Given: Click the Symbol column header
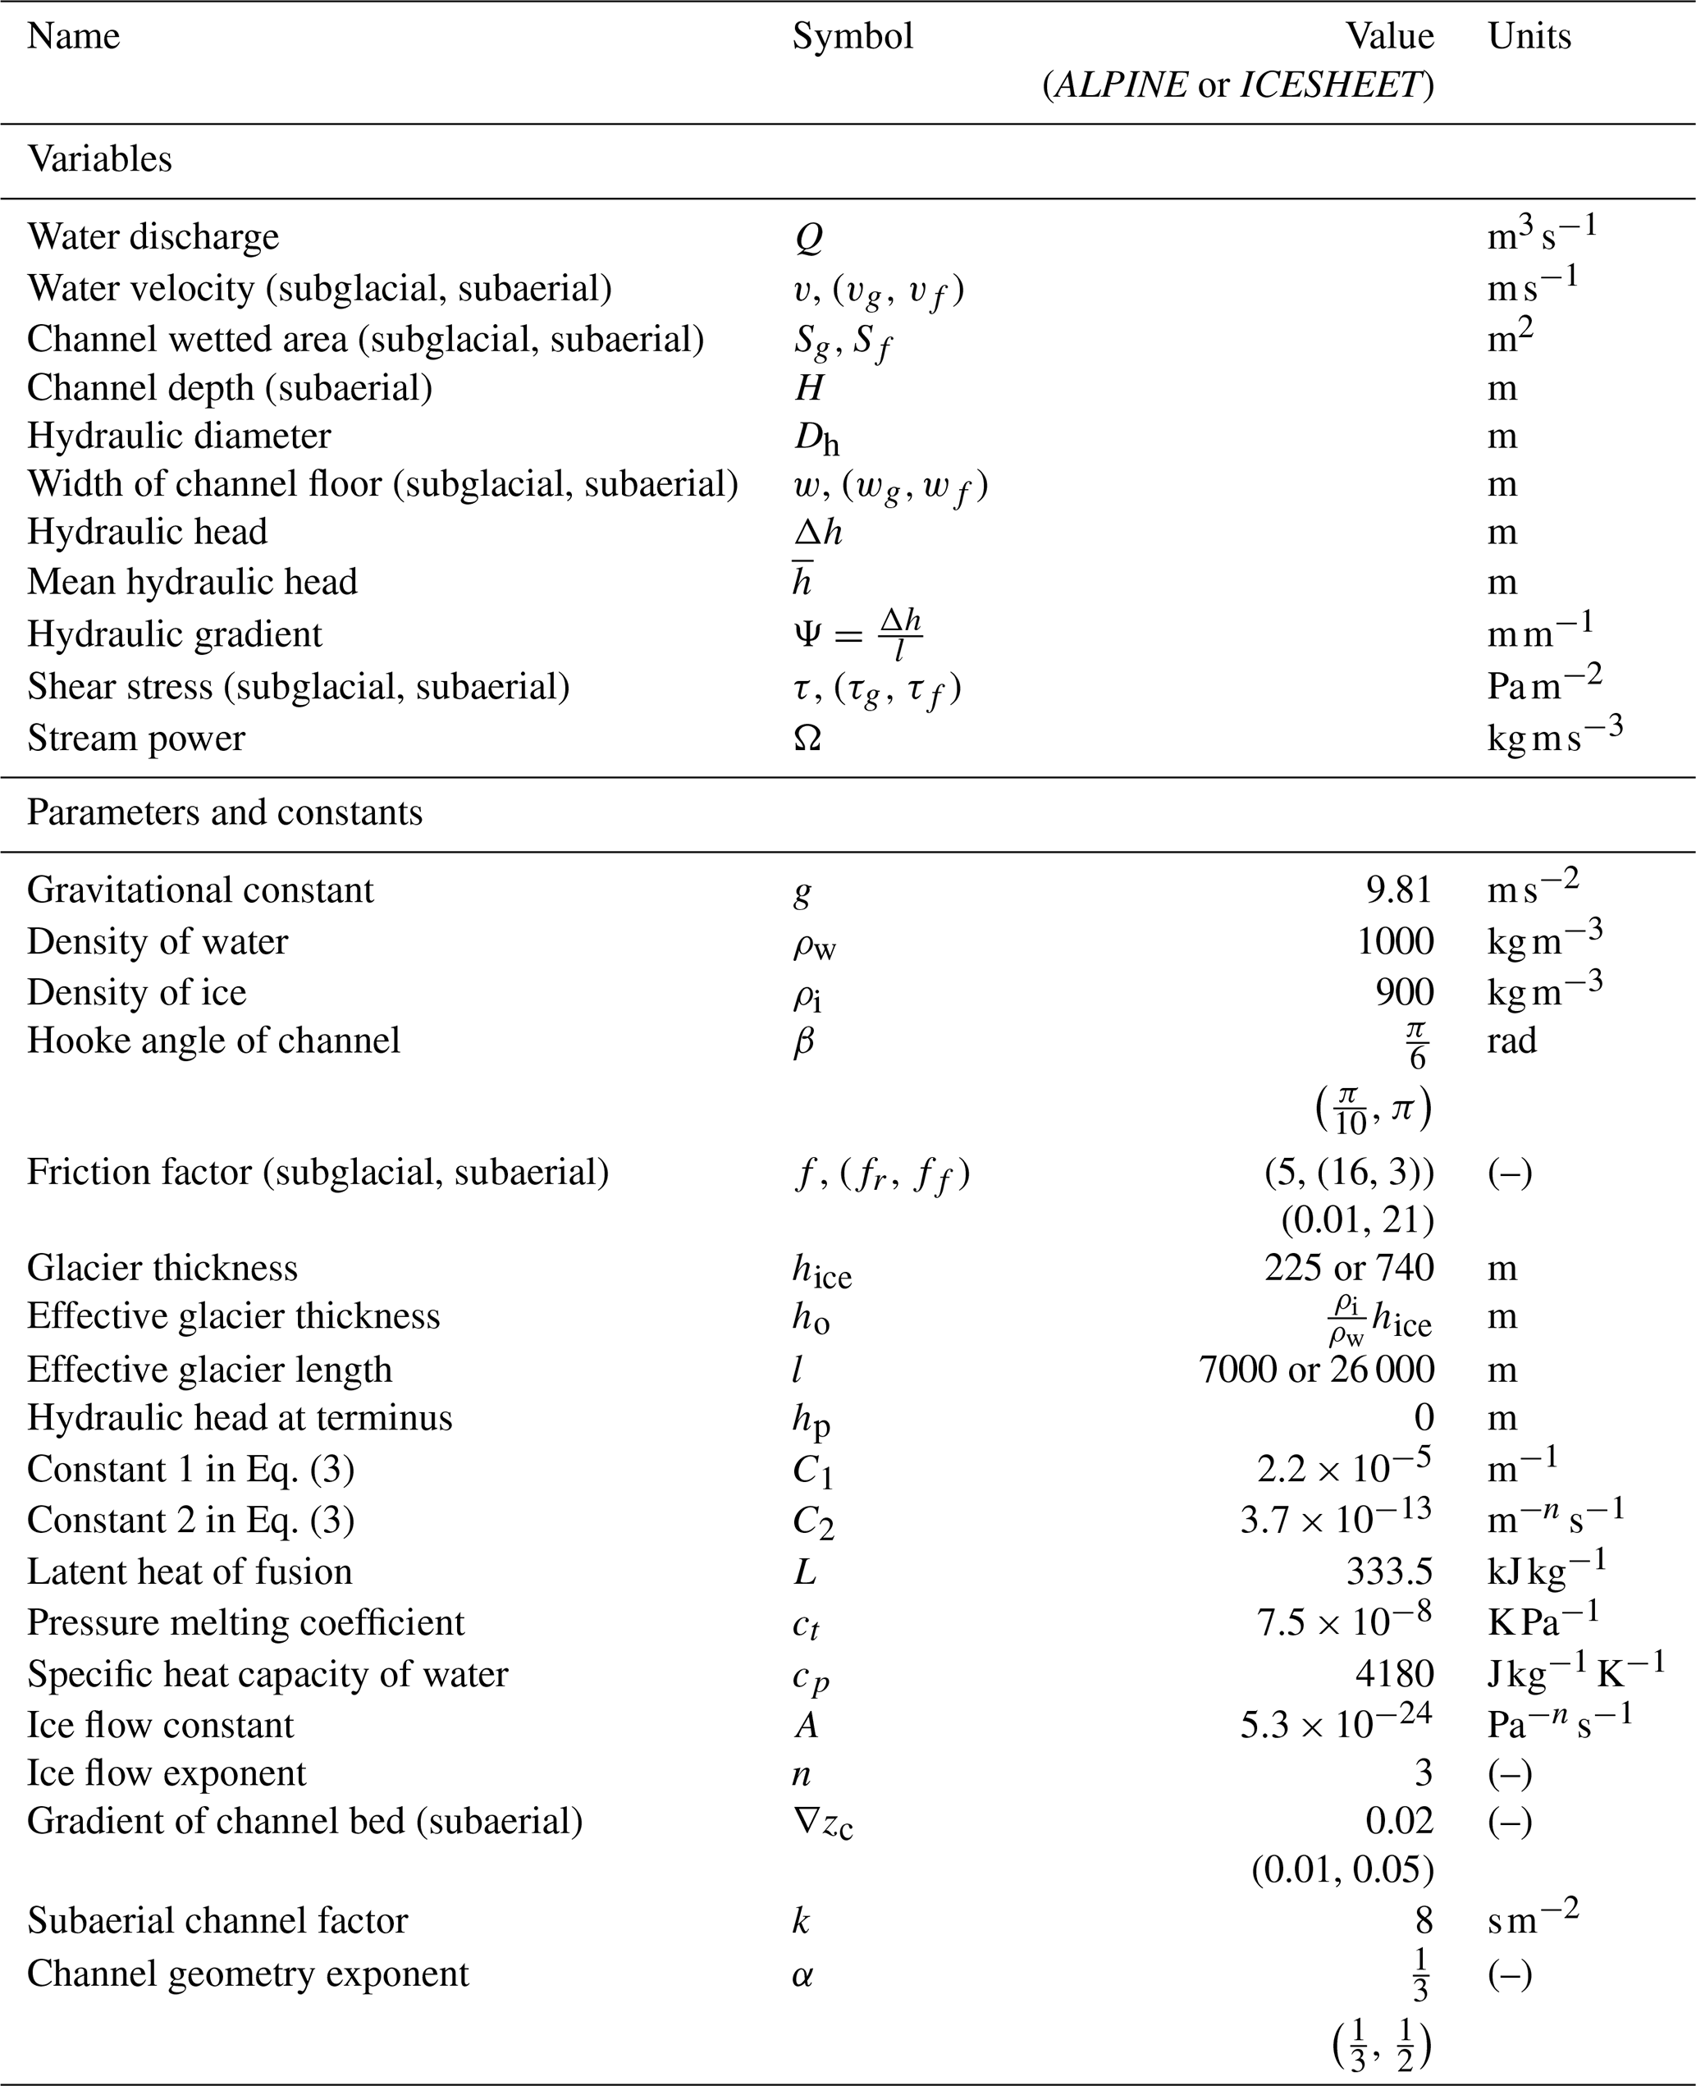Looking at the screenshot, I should click(852, 37).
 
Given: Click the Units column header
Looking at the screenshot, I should click(1529, 37).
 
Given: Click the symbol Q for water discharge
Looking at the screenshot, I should click(808, 237).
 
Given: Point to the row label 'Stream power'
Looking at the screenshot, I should click(136, 738).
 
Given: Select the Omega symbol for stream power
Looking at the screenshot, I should click(807, 738).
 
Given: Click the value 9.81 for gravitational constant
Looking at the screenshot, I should click(1398, 890).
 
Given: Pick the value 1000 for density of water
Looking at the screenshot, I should click(1394, 941).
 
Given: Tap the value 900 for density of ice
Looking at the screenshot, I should click(1404, 991).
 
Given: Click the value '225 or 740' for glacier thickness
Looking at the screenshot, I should click(1348, 1268).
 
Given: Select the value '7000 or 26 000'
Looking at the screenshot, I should click(1316, 1370).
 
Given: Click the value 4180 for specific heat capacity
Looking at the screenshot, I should click(1394, 1674).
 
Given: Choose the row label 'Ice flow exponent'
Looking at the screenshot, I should click(166, 1773).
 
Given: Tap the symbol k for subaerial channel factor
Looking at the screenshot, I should click(801, 1921).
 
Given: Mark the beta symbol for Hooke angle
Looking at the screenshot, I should click(803, 1041).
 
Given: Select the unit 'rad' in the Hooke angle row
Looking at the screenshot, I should click(1511, 1041).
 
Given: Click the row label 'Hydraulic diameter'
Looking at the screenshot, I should click(179, 436).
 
